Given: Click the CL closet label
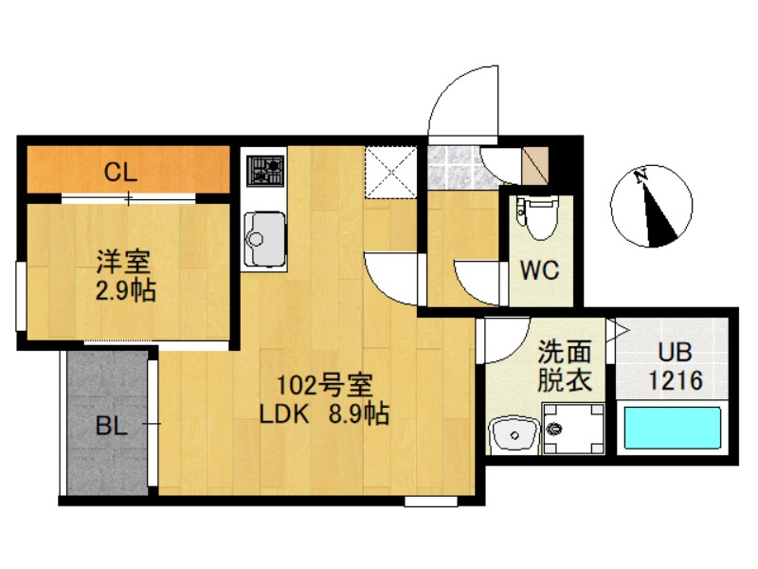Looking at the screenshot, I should pyautogui.click(x=121, y=173).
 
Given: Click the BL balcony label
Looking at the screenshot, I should pyautogui.click(x=111, y=426).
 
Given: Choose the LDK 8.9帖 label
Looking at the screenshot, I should pyautogui.click(x=324, y=414).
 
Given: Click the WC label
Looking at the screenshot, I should pyautogui.click(x=539, y=269).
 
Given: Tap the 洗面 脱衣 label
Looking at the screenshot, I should pyautogui.click(x=565, y=367).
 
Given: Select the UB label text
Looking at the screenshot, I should pyautogui.click(x=676, y=353).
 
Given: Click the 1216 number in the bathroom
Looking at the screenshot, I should pyautogui.click(x=676, y=381).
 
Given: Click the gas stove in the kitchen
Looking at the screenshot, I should pyautogui.click(x=265, y=171).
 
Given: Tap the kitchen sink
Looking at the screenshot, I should pyautogui.click(x=264, y=237).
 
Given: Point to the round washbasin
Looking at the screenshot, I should pyautogui.click(x=515, y=435).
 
